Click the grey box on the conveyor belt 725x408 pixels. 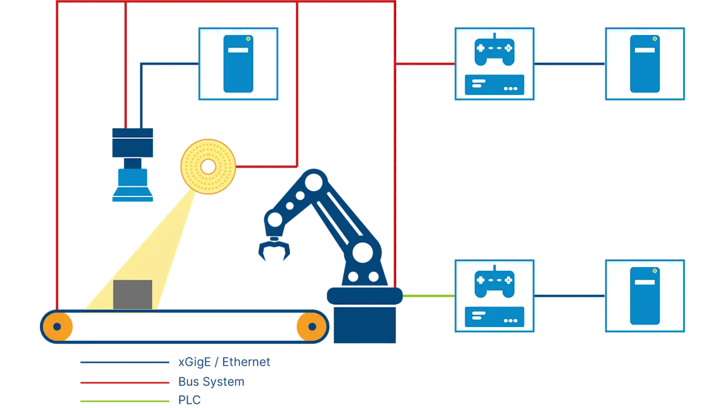[x=133, y=295]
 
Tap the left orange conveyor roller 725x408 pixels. [x=57, y=327]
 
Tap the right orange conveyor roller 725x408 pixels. [x=312, y=327]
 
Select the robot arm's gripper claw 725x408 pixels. [x=274, y=248]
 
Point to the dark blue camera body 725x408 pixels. [x=133, y=143]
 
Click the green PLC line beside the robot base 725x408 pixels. [x=428, y=296]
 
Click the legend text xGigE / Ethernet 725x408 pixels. [x=224, y=362]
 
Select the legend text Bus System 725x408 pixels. [x=211, y=382]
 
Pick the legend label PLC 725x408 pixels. [x=189, y=400]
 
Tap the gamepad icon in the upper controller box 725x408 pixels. [x=494, y=50]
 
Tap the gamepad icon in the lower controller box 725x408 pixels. [x=494, y=282]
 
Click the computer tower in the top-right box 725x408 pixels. [x=645, y=64]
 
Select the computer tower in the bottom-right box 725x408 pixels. [x=645, y=296]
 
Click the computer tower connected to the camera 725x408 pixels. [x=238, y=64]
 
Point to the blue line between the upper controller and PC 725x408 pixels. [x=570, y=64]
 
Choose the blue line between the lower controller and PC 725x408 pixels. [x=570, y=296]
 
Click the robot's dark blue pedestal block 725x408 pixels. [x=365, y=325]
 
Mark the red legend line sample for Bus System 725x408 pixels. [x=125, y=383]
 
